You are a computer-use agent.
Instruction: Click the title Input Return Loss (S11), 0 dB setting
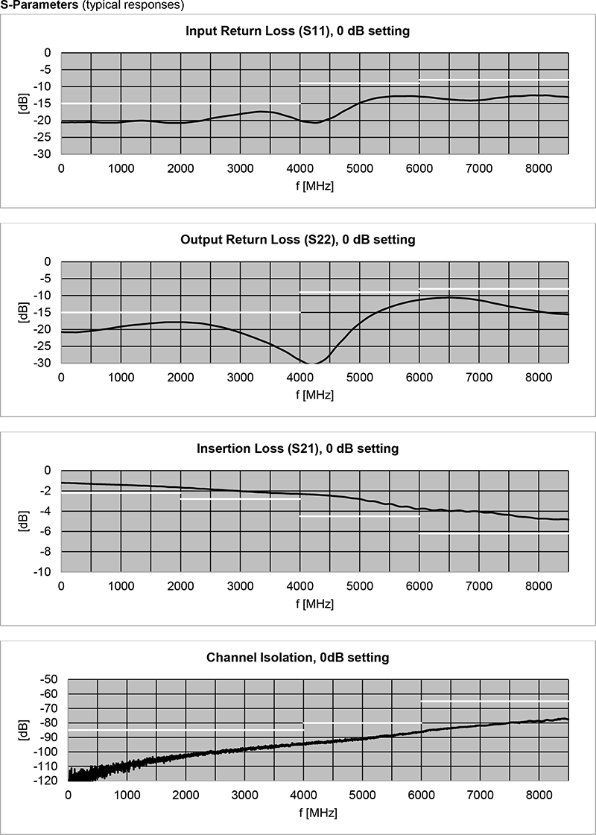[x=298, y=31]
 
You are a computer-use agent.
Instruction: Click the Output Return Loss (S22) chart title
[x=298, y=240]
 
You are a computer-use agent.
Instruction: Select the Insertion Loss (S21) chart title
[x=298, y=448]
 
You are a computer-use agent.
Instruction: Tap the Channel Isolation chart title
[x=298, y=658]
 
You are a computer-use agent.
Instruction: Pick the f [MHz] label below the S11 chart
[x=314, y=185]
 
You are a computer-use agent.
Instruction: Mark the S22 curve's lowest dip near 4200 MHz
[x=313, y=363]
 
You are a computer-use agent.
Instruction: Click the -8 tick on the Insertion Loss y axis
[x=44, y=551]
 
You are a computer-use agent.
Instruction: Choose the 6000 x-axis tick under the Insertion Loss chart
[x=419, y=586]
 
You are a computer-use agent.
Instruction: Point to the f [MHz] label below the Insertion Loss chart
[x=314, y=603]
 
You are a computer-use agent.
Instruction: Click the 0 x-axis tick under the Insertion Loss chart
[x=61, y=586]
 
